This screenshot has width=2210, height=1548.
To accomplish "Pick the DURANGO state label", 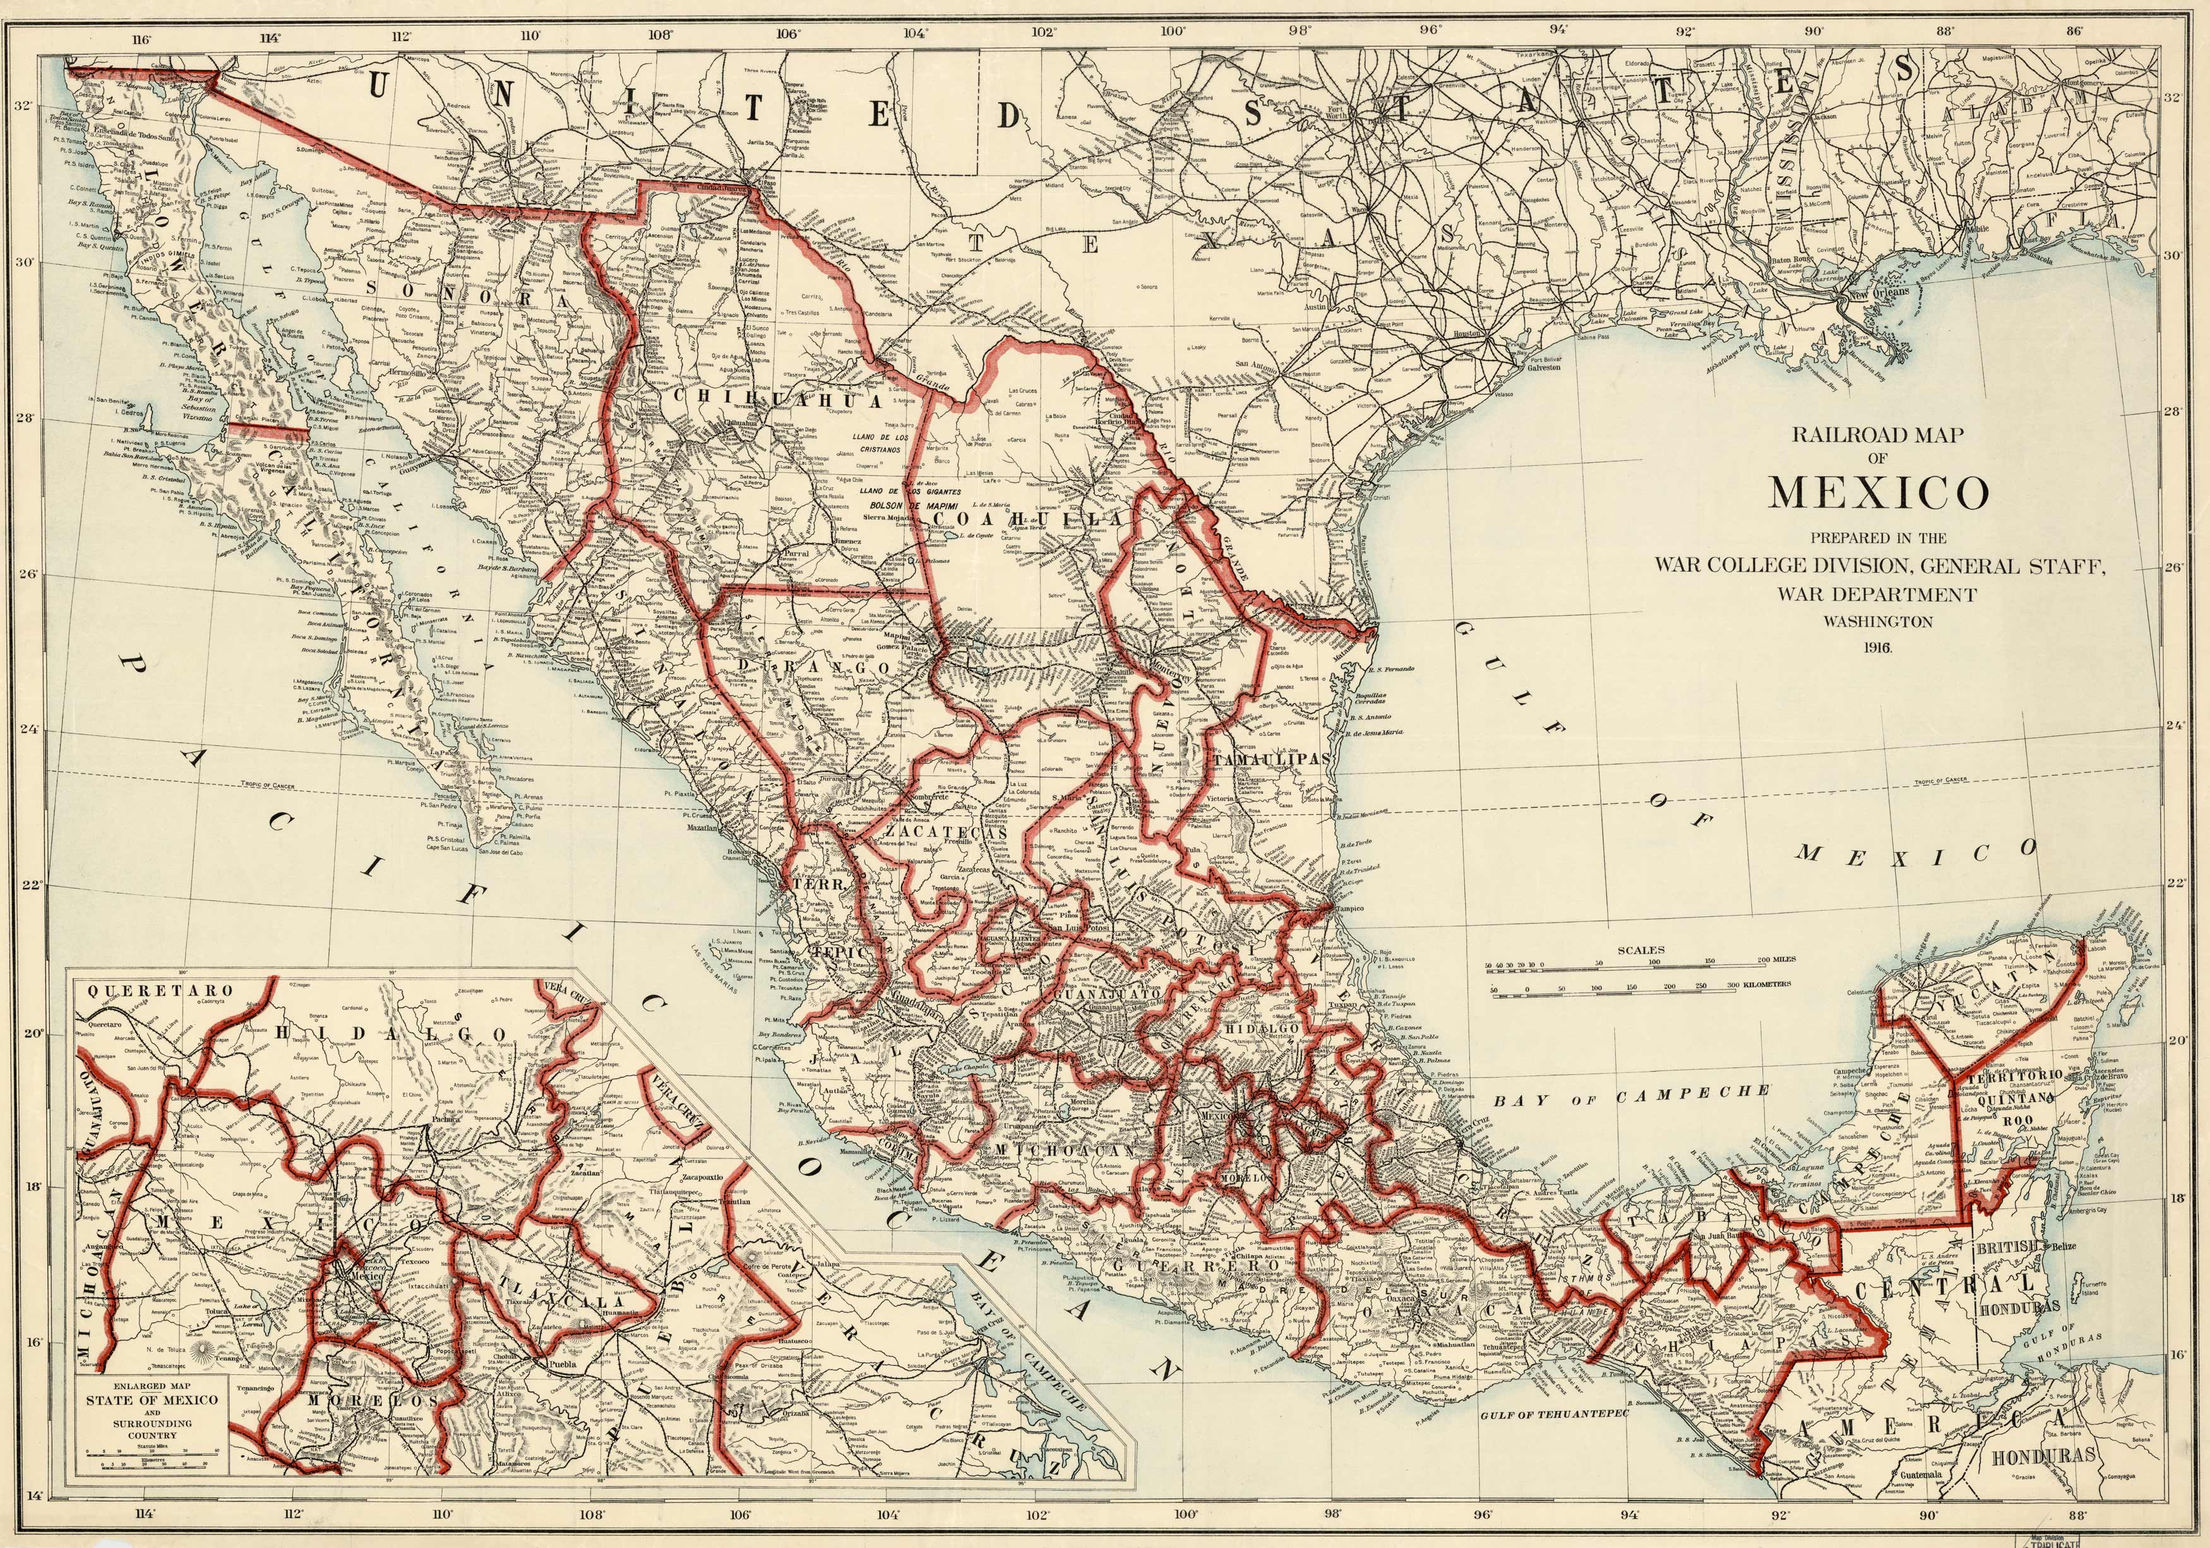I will point(815,666).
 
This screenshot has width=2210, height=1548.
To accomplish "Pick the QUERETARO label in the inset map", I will point(160,990).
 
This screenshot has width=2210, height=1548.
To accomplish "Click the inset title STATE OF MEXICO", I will point(152,1400).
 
